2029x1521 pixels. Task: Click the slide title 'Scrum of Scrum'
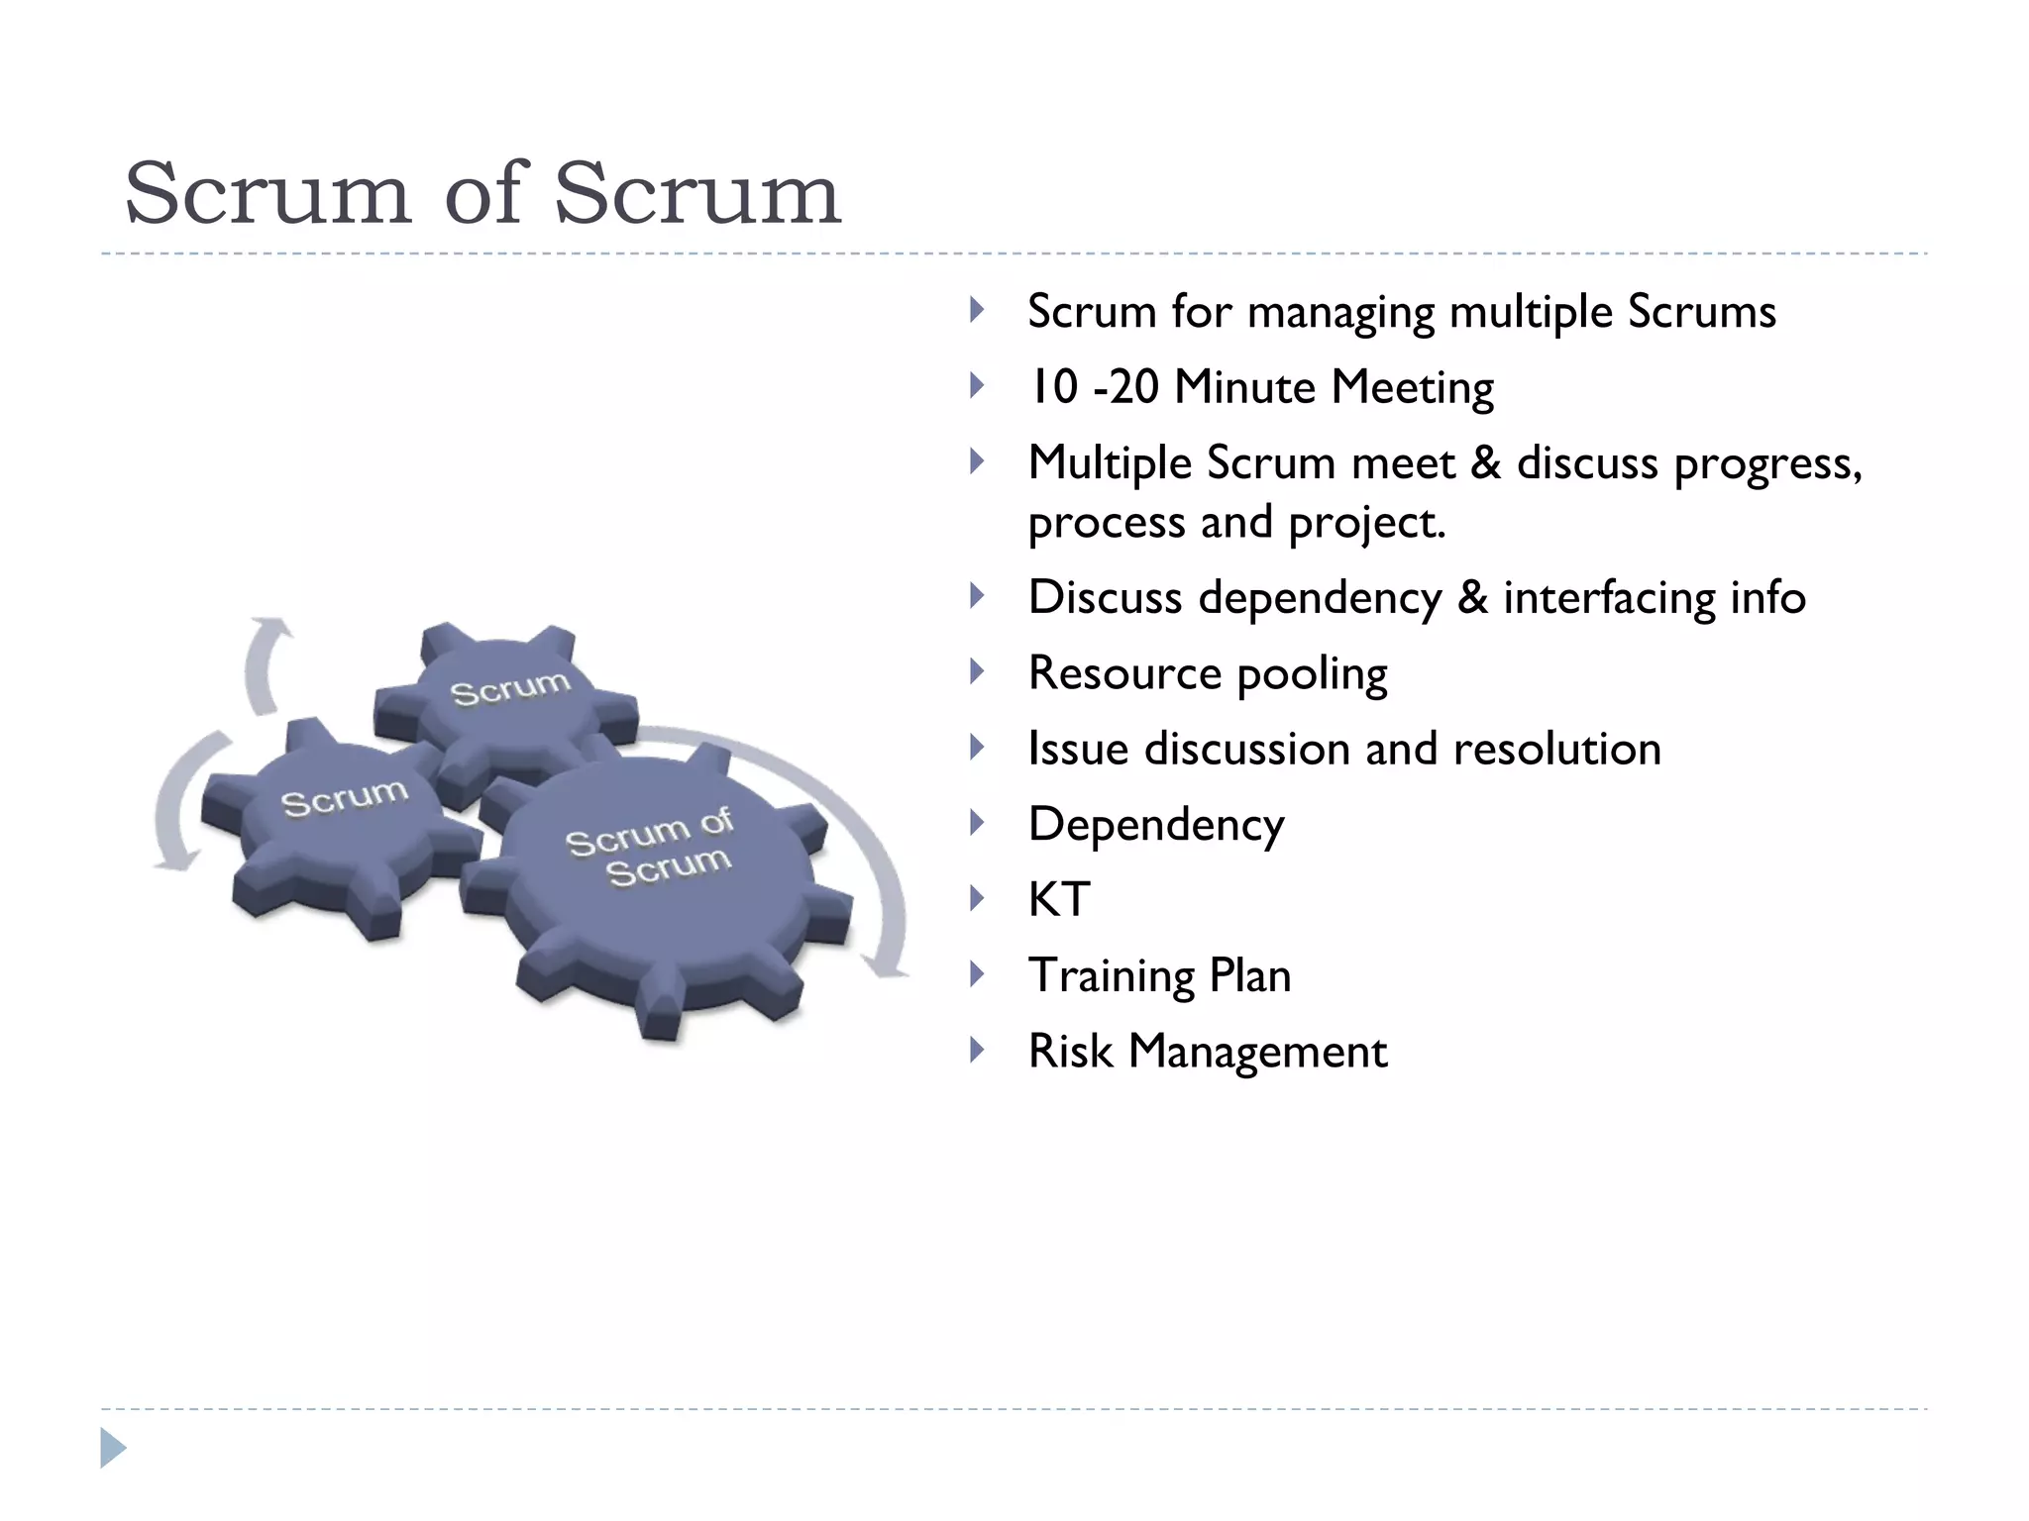point(482,193)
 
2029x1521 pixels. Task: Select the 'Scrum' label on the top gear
point(510,688)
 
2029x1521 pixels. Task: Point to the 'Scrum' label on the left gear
point(344,797)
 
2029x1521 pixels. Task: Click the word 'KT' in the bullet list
point(1059,900)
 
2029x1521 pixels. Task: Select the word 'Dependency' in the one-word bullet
point(1156,825)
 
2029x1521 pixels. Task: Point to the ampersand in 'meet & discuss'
point(1485,462)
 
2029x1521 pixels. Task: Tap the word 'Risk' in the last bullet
point(1070,1051)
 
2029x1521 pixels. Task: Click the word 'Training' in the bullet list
point(1111,976)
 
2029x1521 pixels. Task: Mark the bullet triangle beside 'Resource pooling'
point(977,672)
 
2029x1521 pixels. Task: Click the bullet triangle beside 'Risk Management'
point(977,1050)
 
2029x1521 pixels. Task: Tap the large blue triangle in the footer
point(113,1448)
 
